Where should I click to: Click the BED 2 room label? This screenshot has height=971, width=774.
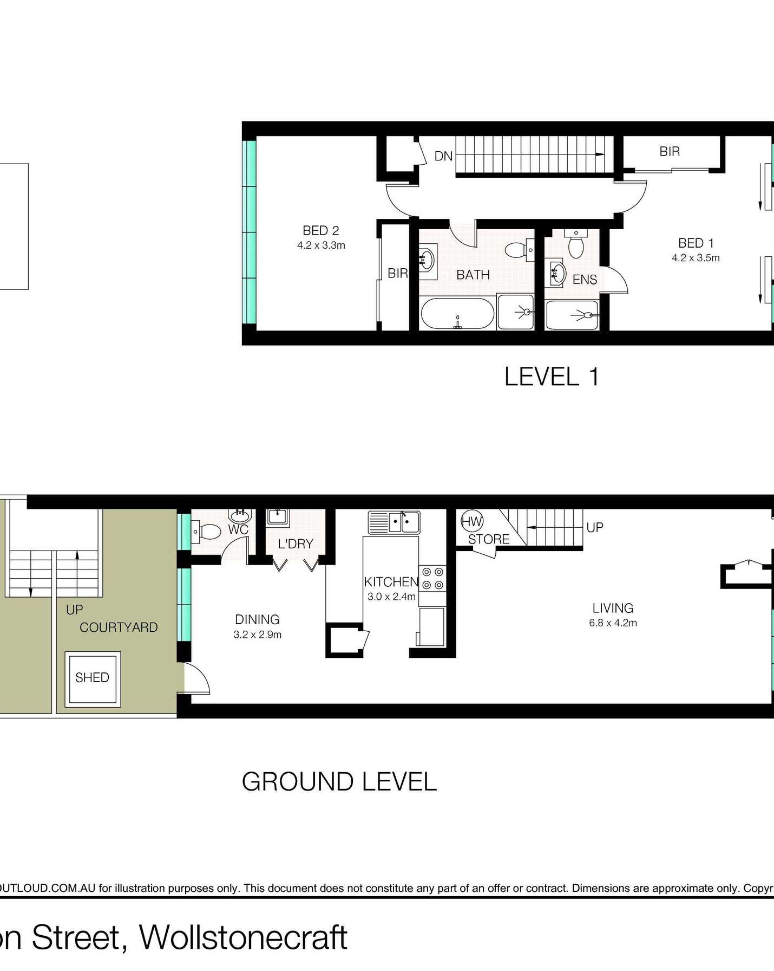(321, 231)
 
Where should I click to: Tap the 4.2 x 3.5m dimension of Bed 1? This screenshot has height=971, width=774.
(696, 258)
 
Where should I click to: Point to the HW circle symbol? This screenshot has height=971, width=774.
(471, 521)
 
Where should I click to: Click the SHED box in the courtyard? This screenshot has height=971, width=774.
(93, 679)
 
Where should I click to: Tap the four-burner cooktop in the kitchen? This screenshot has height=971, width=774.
(432, 578)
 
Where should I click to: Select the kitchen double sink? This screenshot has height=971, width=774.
(394, 522)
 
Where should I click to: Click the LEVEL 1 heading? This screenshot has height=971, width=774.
(552, 377)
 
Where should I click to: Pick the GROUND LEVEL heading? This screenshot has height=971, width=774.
(339, 782)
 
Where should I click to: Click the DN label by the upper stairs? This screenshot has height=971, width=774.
(443, 156)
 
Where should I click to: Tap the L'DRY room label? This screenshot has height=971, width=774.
(296, 543)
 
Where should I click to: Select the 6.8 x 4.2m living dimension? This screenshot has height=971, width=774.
(613, 623)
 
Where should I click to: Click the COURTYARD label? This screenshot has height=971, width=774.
(119, 627)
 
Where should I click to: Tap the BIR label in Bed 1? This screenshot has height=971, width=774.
(670, 152)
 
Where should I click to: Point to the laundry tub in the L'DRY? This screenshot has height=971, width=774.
(278, 516)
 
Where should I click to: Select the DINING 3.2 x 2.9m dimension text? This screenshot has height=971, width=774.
(257, 635)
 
